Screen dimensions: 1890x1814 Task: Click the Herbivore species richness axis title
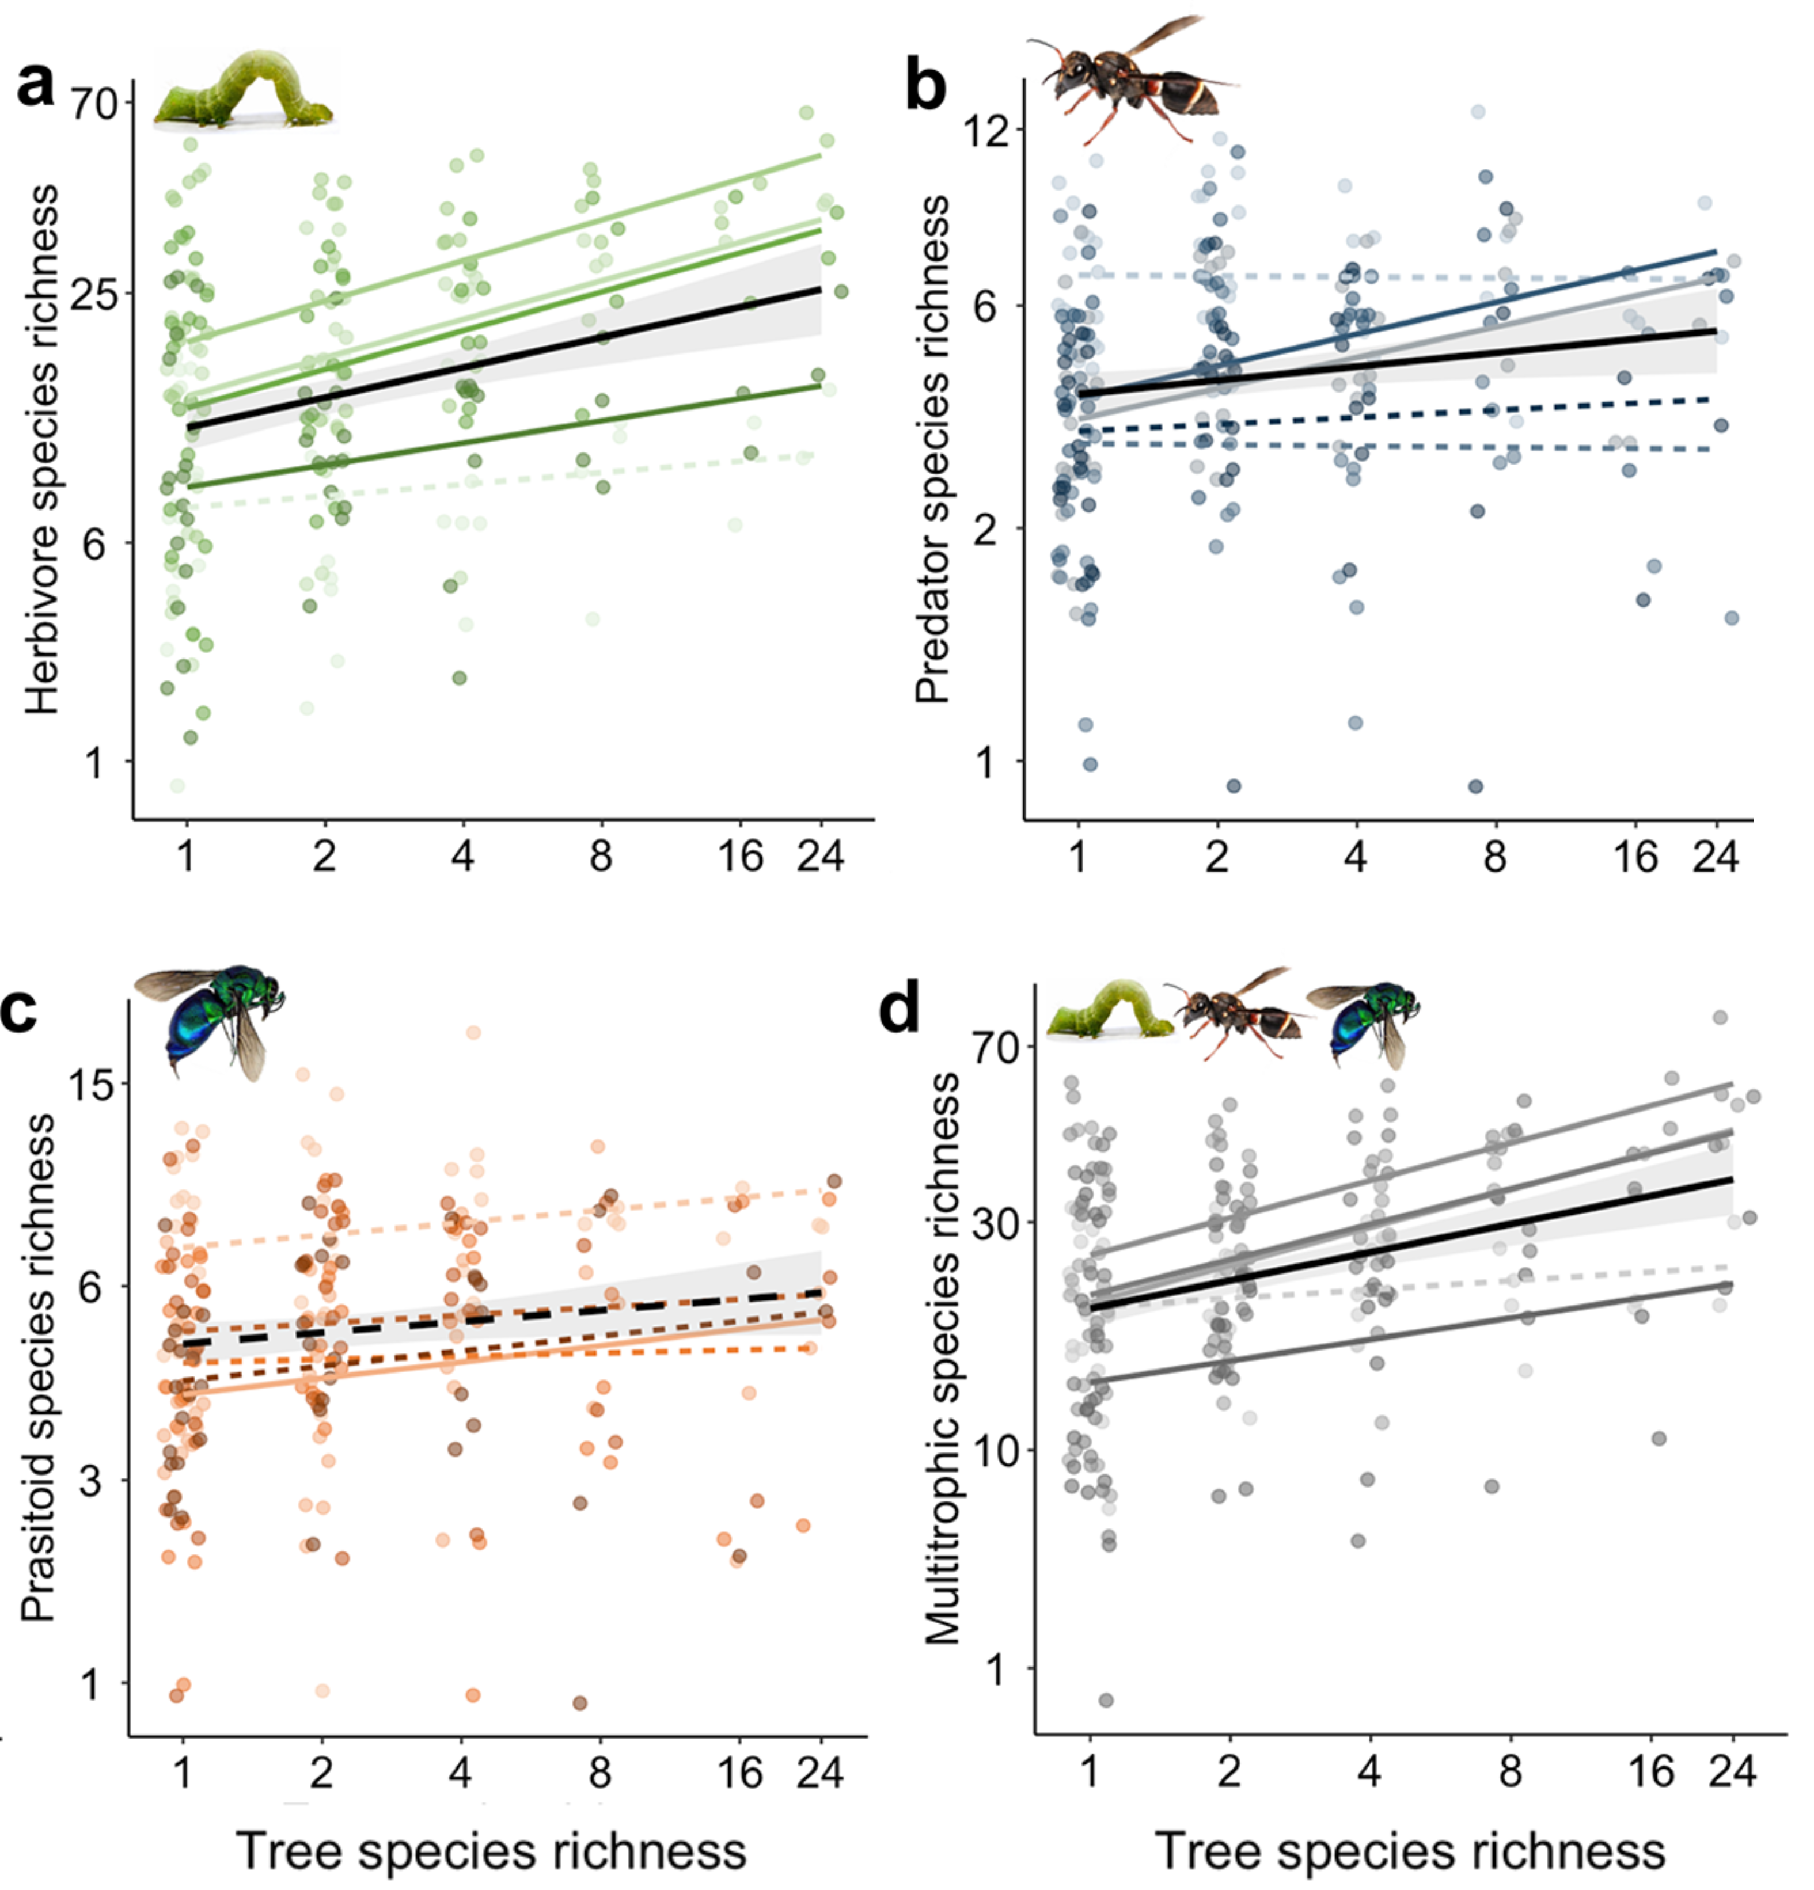click(x=43, y=448)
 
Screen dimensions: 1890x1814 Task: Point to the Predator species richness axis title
click(x=932, y=448)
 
